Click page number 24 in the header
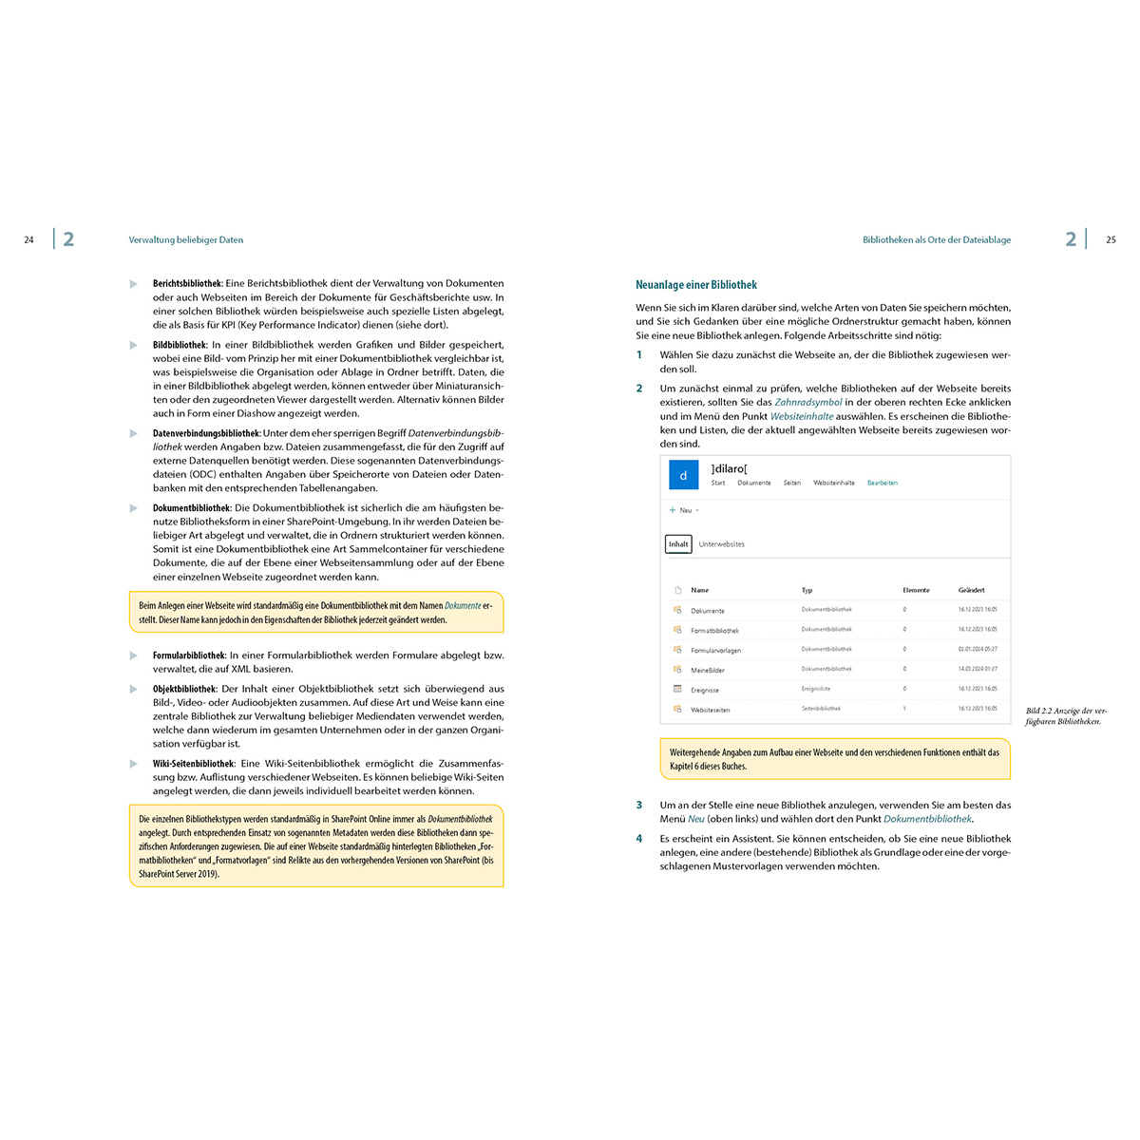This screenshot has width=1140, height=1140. point(28,240)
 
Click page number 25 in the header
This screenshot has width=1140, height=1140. point(1111,240)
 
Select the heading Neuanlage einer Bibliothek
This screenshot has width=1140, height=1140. point(696,285)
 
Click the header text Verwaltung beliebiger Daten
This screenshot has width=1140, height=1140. point(186,240)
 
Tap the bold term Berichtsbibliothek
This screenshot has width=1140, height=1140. point(187,283)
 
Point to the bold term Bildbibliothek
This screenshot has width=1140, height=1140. point(180,345)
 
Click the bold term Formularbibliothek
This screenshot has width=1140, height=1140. point(189,655)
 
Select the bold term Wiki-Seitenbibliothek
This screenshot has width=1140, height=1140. point(194,764)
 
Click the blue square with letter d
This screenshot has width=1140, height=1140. point(683,475)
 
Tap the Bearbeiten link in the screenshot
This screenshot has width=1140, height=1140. point(882,483)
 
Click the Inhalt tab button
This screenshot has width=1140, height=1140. point(678,544)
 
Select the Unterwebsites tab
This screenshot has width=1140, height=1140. point(722,544)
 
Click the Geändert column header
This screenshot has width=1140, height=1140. point(971,590)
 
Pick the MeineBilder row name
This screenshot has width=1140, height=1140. point(708,671)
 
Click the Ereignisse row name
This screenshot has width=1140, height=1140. point(705,691)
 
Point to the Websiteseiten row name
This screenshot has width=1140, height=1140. point(711,710)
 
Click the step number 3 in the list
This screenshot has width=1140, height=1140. point(639,806)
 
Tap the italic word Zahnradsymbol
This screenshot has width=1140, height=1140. point(808,403)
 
